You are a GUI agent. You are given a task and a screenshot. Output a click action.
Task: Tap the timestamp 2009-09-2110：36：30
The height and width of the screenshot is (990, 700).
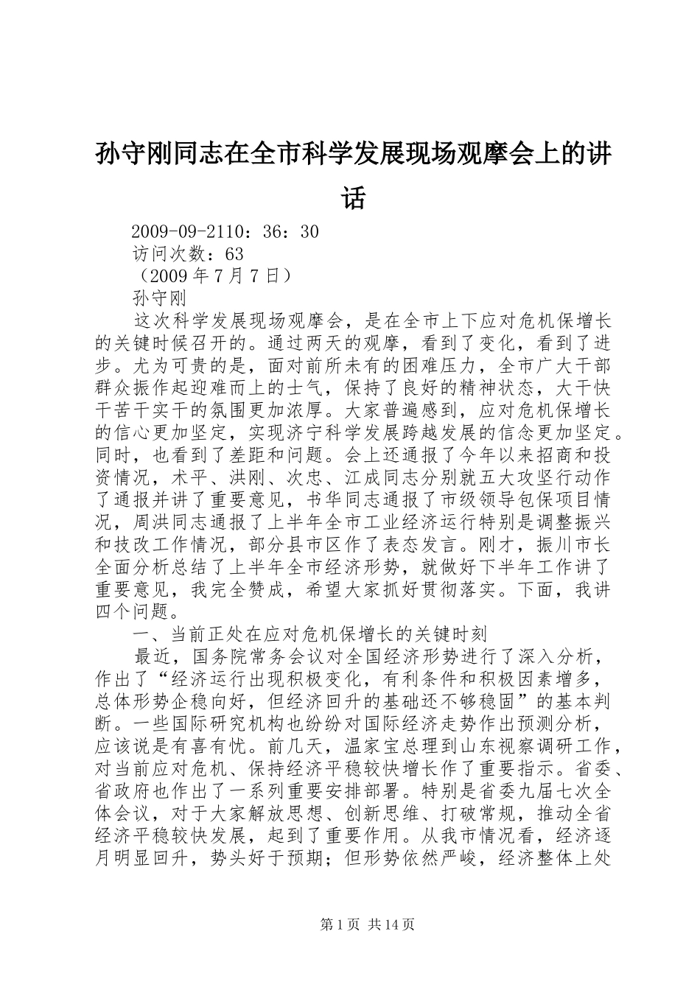pyautogui.click(x=224, y=232)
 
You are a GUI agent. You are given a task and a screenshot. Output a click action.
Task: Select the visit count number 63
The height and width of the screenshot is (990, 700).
pyautogui.click(x=234, y=254)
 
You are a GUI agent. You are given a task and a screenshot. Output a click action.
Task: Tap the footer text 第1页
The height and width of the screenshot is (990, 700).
pyautogui.click(x=339, y=924)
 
